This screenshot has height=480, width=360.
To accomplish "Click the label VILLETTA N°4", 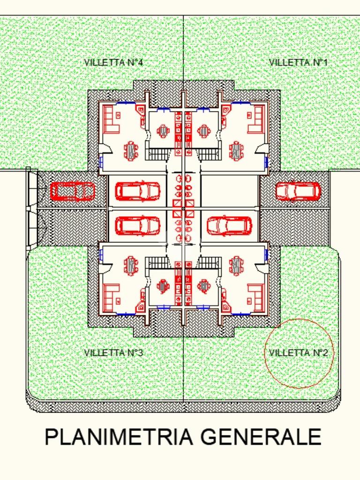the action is point(113,62).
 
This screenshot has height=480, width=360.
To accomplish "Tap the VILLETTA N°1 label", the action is point(298,62).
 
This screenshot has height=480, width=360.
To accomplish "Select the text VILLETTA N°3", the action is point(113,352).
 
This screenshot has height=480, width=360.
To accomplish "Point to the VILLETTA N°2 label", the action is point(298,352).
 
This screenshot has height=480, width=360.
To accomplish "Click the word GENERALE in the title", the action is point(261,437).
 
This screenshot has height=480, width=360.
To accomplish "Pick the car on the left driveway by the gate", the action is point(72,191).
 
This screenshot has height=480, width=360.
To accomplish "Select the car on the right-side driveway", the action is point(298,191).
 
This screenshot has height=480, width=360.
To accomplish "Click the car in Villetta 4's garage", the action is point(138,191).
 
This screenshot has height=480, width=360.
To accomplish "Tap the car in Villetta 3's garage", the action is point(138,226).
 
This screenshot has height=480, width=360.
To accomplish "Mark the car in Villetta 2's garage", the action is point(230,226).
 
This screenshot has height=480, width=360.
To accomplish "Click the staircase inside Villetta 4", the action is point(157,154).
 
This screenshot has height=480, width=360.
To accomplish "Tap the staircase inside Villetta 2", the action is point(210,263).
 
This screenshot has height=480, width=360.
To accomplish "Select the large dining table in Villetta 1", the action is point(236,150).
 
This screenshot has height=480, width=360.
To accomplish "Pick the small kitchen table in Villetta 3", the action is point(163,286).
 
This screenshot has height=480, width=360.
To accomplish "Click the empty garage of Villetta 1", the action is point(230,191).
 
